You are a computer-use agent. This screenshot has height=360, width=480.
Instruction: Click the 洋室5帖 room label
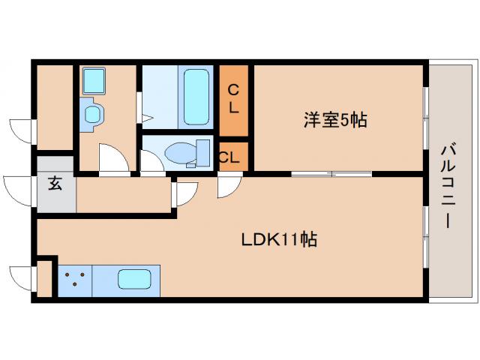click(334, 119)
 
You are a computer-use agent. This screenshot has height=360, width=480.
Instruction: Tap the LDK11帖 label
click(279, 240)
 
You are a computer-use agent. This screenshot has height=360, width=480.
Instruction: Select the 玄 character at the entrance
click(55, 184)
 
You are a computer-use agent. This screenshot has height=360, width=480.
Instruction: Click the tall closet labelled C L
click(233, 98)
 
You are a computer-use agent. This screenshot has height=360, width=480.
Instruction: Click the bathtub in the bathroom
click(196, 97)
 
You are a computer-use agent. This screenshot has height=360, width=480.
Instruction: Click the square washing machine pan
click(94, 80)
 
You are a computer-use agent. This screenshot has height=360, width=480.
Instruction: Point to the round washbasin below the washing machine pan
click(92, 114)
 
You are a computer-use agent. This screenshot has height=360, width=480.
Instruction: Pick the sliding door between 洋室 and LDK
click(331, 174)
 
